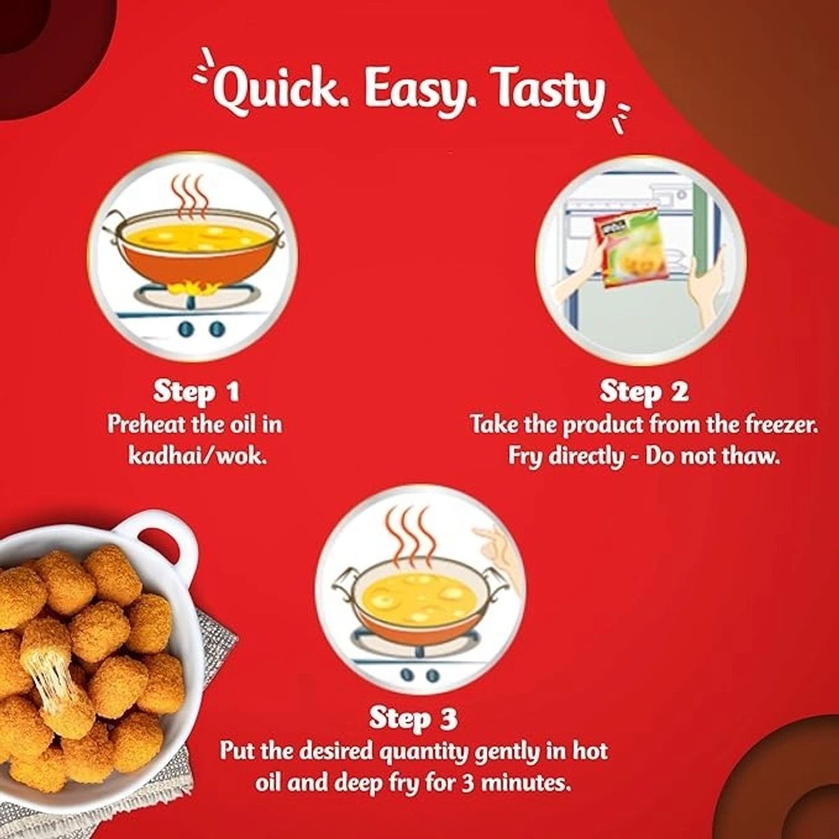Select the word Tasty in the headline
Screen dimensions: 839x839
[x=543, y=93]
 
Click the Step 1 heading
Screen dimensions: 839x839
[x=196, y=392]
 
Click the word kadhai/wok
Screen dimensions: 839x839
[x=196, y=457]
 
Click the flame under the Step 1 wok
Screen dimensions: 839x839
[x=196, y=287]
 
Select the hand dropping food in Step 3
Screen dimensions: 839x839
[x=499, y=552]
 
